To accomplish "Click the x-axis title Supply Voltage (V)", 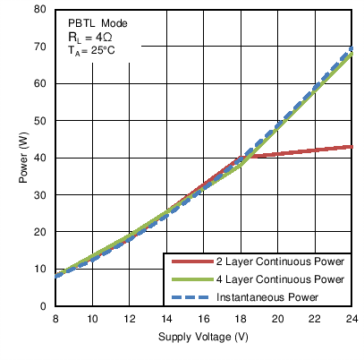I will tap(203, 337).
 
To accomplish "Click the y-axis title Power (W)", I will tap(24, 159).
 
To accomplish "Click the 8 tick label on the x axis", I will tap(55, 319).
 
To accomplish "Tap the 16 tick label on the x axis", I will tap(203, 319).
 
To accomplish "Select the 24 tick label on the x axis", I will tap(351, 319).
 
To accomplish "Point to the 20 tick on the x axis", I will tap(277, 319).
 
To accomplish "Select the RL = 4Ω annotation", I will tap(92, 37).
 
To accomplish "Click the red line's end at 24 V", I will tap(351, 146).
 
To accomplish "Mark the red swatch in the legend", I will tap(188, 262).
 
